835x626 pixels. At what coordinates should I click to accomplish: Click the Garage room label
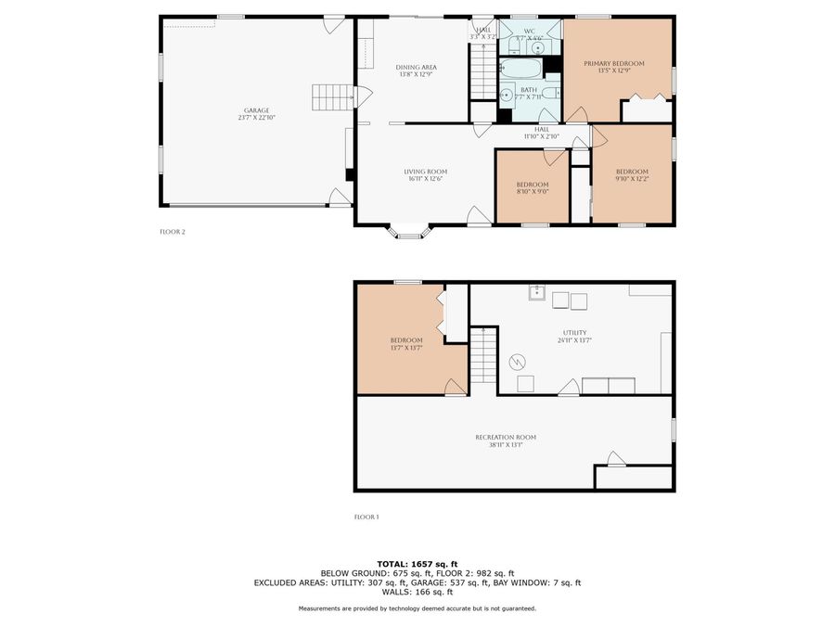[257, 110]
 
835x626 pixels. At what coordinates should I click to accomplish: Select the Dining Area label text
[416, 67]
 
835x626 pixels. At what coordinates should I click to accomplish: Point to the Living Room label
[425, 171]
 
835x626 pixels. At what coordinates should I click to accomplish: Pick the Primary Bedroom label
[613, 63]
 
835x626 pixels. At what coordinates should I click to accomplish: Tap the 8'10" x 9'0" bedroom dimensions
[533, 192]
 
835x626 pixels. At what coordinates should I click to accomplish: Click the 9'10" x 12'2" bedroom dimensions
[632, 179]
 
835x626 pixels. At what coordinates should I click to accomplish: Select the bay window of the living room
[409, 231]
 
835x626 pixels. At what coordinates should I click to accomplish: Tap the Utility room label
[574, 332]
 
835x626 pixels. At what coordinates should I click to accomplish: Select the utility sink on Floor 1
[536, 294]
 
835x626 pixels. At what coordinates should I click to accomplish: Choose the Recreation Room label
[506, 437]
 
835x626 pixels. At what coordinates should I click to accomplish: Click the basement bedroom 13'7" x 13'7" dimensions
[406, 349]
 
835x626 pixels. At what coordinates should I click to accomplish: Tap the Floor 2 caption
[173, 232]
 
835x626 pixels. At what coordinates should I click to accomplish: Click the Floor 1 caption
[366, 517]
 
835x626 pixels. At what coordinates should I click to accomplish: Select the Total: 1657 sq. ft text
[417, 564]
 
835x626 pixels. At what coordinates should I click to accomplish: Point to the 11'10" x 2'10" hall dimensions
[541, 136]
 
